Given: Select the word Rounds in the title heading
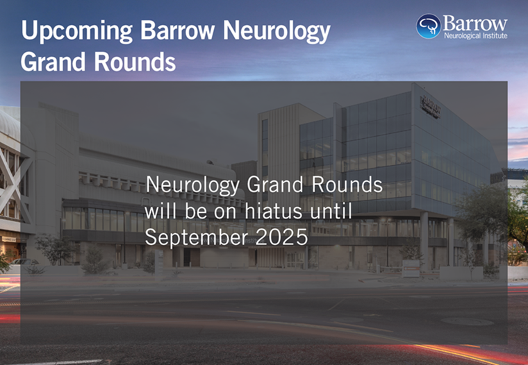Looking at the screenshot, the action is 135,62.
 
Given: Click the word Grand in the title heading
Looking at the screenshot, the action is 53,62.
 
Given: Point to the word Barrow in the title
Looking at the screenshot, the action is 177,31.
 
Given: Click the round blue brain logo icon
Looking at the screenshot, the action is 429,26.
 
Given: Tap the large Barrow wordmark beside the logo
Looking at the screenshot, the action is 475,23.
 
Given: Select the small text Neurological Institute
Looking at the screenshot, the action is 475,35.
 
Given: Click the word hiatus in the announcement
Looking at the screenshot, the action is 274,212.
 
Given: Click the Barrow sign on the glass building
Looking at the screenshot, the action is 431,107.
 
